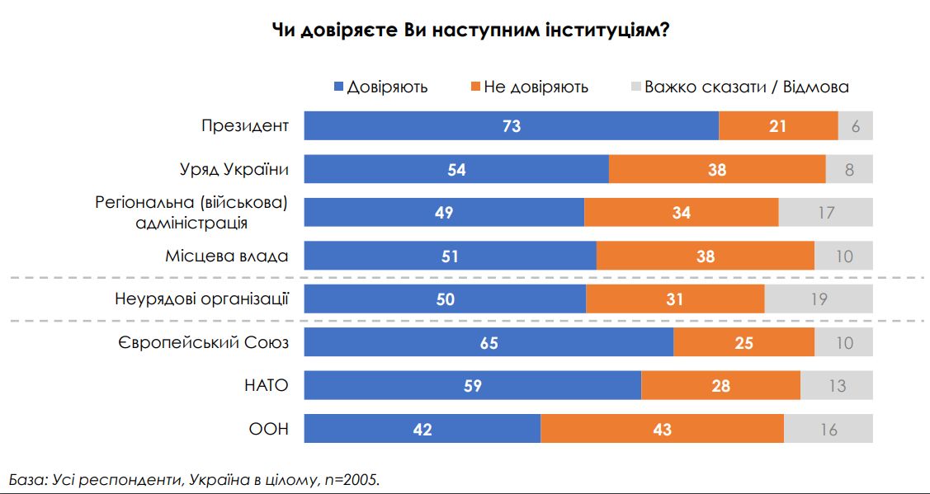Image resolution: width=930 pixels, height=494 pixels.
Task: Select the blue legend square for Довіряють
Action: (x=338, y=87)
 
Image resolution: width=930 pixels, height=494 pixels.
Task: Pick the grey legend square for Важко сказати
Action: (x=635, y=87)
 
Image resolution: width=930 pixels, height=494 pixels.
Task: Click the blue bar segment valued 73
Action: (x=511, y=125)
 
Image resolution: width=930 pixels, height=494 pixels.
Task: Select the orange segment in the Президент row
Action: (x=778, y=125)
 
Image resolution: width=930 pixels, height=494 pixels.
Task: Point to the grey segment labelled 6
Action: (x=855, y=125)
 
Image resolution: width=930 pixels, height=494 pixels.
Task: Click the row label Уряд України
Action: (x=234, y=169)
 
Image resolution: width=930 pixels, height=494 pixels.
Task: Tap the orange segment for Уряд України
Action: (x=717, y=169)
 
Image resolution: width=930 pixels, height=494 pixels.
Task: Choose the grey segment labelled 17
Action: (x=825, y=212)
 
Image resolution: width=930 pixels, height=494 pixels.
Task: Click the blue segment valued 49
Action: (x=444, y=212)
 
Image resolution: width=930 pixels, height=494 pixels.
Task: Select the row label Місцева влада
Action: (x=227, y=256)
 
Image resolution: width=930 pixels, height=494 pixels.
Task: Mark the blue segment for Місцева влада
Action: (x=450, y=256)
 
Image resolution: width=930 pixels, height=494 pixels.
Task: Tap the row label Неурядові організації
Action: (x=201, y=299)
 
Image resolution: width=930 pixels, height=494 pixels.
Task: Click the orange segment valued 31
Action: (x=675, y=299)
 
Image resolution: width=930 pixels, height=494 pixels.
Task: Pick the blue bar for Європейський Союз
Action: (x=489, y=341)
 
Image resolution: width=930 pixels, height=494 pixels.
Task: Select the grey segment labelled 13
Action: (x=836, y=385)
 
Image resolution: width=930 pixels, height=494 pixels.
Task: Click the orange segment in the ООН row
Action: (x=662, y=429)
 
